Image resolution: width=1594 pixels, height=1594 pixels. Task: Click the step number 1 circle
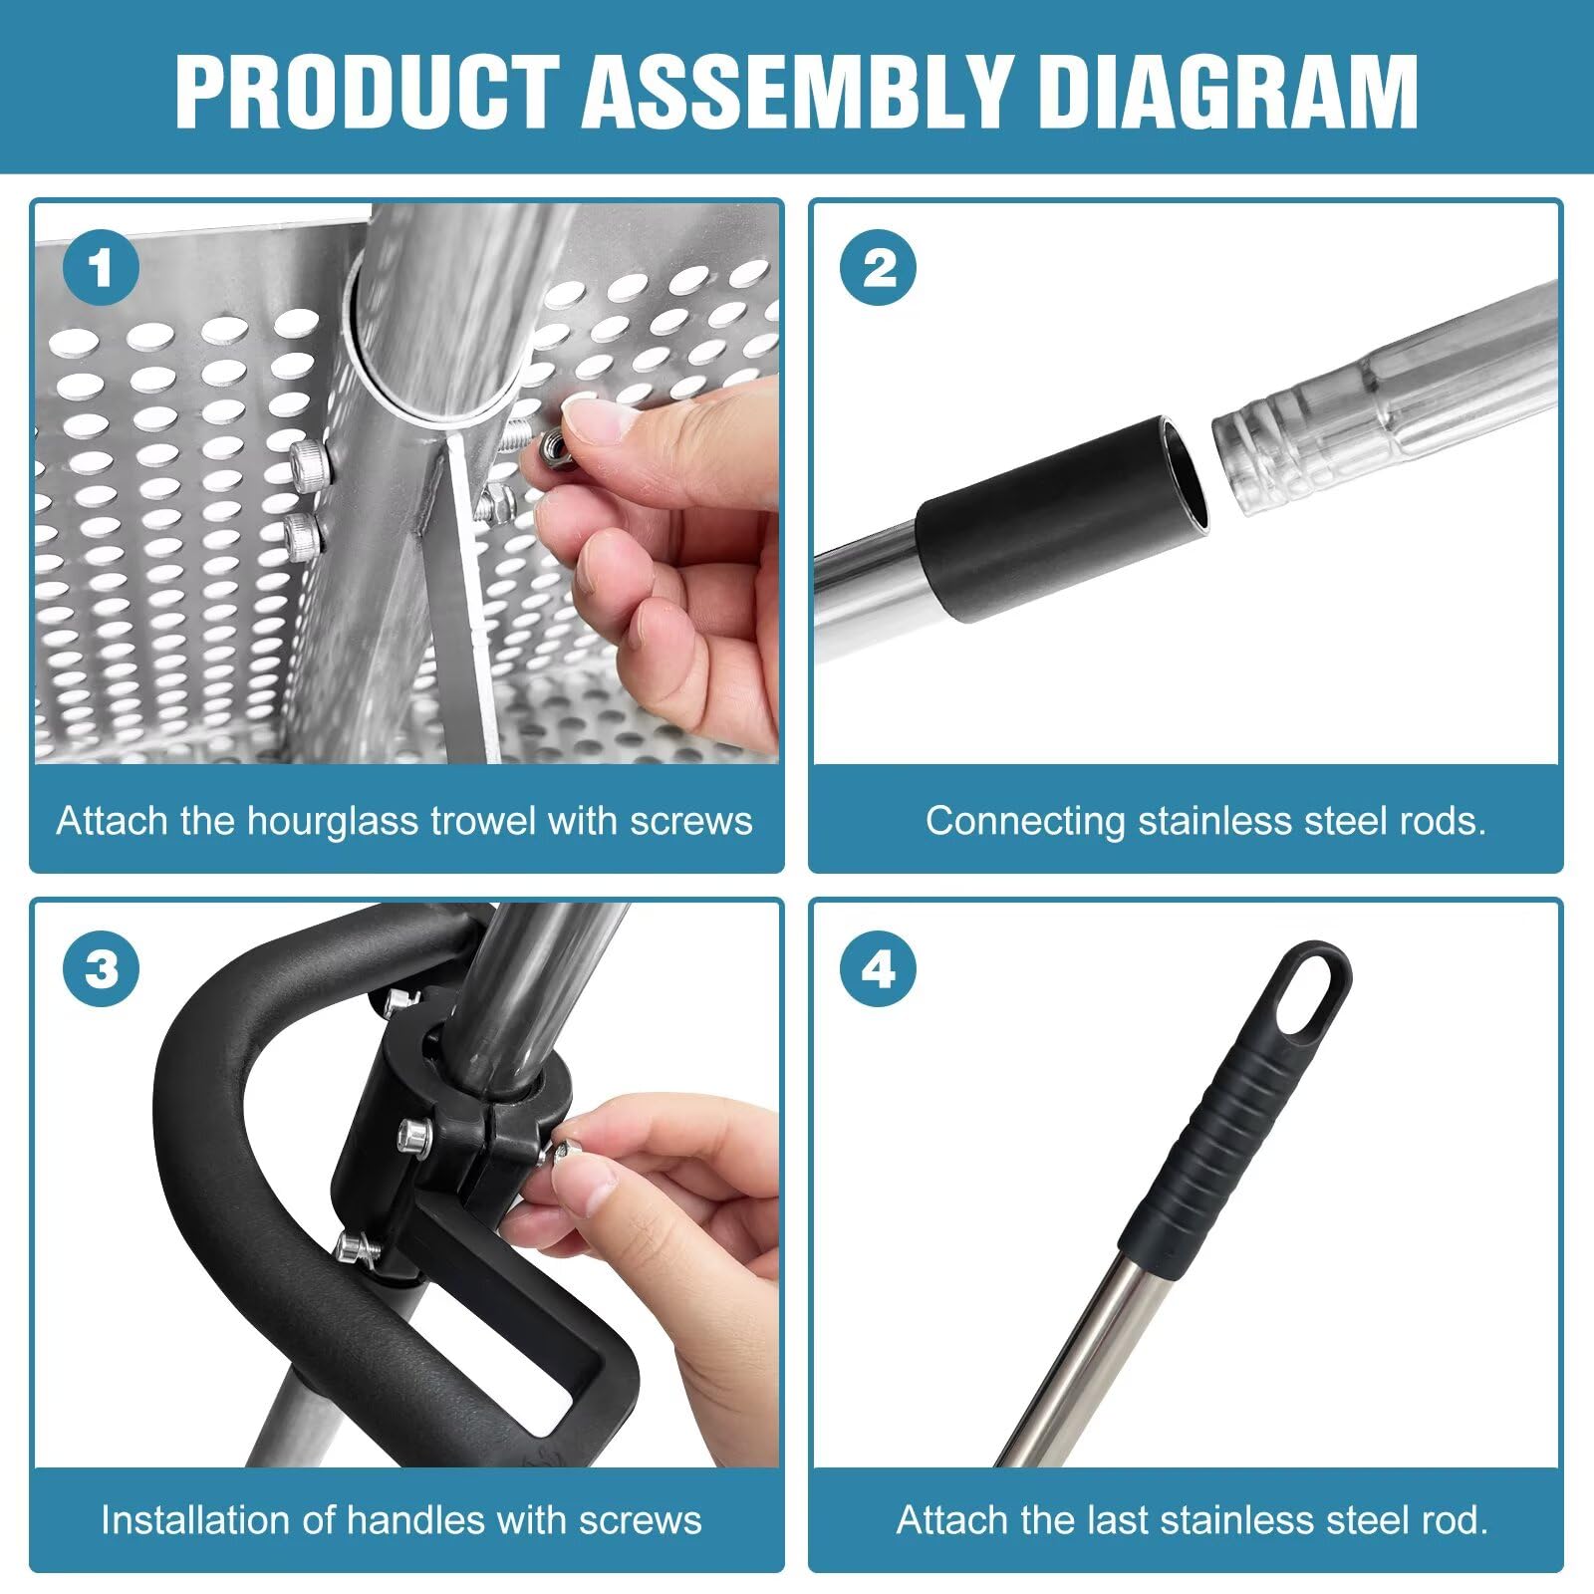pos(101,268)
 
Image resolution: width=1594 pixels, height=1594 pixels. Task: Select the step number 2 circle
pos(879,268)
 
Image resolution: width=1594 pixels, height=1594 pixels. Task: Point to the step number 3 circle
pos(101,968)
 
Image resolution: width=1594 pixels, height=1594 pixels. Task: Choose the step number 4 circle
pos(879,968)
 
